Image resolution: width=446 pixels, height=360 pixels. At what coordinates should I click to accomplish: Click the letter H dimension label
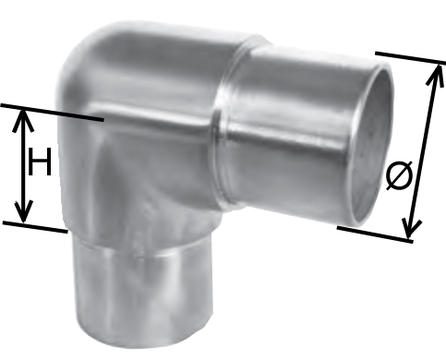pyautogui.click(x=40, y=162)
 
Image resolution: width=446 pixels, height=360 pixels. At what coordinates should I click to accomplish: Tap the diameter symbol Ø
pyautogui.click(x=399, y=175)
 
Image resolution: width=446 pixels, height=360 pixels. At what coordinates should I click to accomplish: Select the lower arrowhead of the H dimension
pyautogui.click(x=23, y=211)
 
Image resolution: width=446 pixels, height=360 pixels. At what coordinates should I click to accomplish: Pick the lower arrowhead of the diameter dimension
pyautogui.click(x=411, y=228)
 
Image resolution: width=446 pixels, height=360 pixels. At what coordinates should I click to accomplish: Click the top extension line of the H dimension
pyautogui.click(x=52, y=113)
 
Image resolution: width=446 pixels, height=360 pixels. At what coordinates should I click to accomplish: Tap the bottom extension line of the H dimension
pyautogui.click(x=35, y=227)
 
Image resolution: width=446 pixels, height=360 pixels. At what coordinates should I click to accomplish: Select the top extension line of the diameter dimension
pyautogui.click(x=411, y=58)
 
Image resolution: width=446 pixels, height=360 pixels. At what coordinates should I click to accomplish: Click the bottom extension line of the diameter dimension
pyautogui.click(x=375, y=234)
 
